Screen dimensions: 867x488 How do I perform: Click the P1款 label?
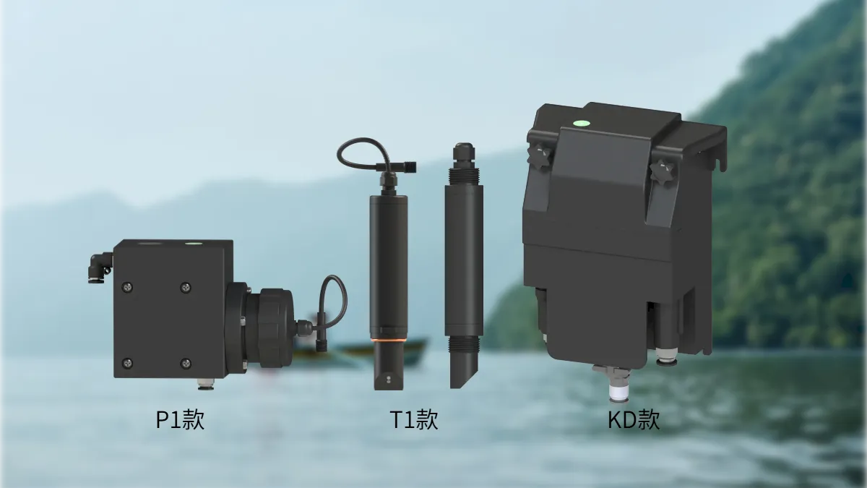point(180,419)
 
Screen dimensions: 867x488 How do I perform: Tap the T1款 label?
point(414,419)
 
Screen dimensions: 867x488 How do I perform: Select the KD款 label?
point(634,419)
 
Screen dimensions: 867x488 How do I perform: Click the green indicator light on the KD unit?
point(582,124)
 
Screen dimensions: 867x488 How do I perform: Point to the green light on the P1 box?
point(194,244)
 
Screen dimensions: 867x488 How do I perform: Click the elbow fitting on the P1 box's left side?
point(100,267)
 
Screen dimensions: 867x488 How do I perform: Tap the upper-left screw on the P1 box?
point(127,287)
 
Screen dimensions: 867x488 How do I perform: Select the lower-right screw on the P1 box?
point(186,363)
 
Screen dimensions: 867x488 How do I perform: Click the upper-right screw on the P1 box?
point(186,288)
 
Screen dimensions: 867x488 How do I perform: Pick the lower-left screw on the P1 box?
point(127,363)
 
